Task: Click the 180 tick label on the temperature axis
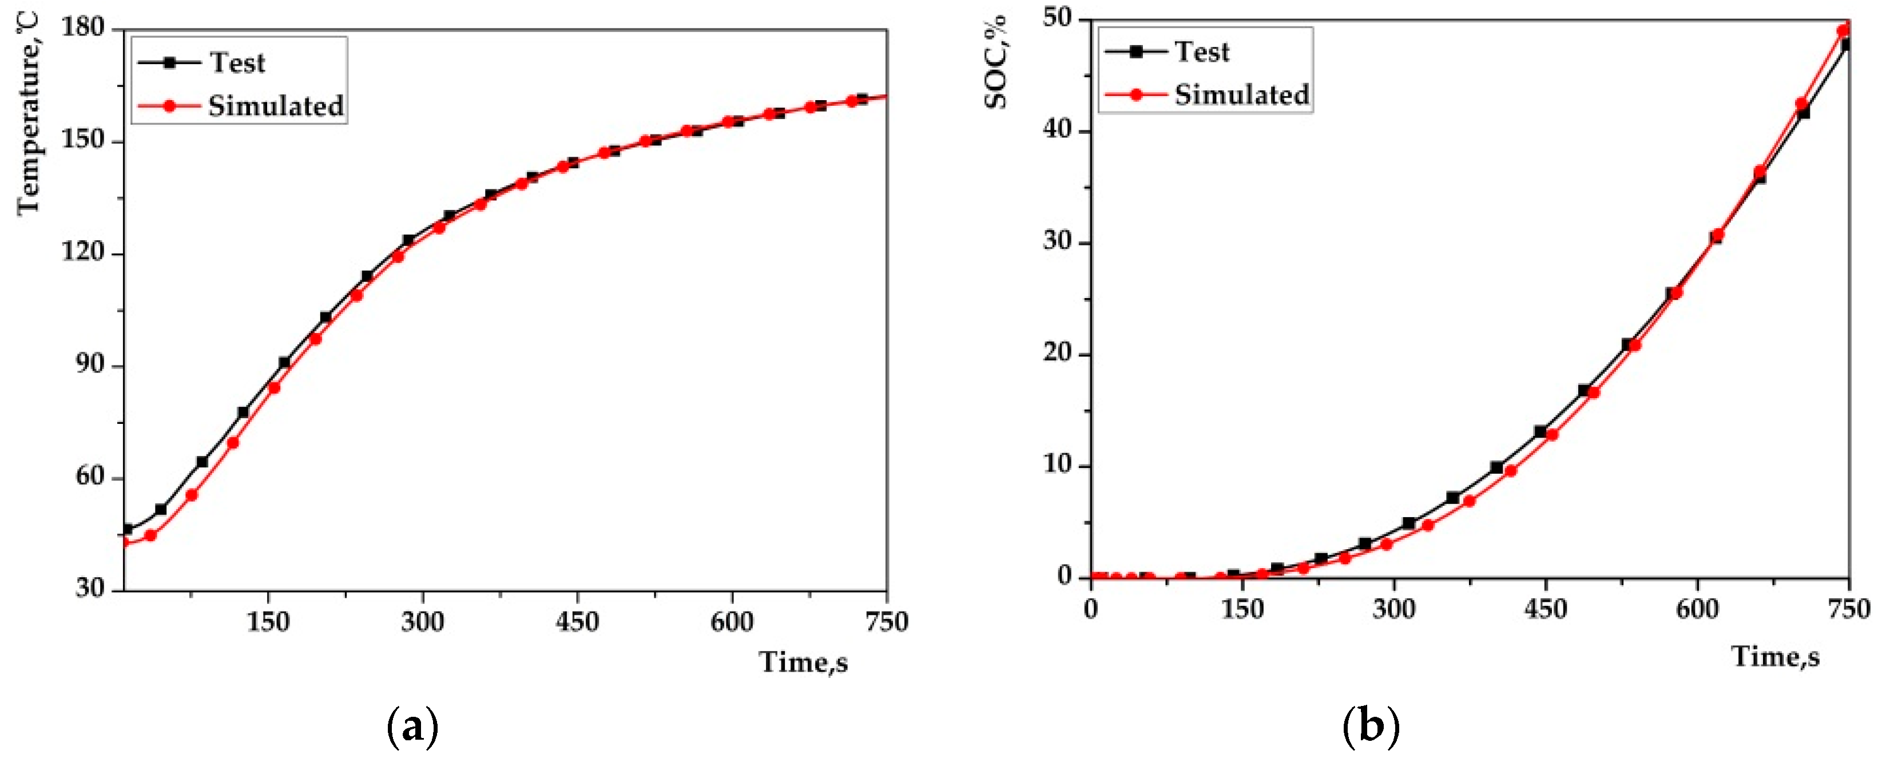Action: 82,28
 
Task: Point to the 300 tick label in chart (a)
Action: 422,622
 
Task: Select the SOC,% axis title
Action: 996,63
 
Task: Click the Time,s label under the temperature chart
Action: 804,662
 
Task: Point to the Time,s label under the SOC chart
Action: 1776,656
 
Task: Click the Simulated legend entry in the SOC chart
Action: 1241,95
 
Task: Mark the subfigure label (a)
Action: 413,727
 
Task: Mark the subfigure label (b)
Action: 1371,727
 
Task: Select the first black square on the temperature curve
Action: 127,529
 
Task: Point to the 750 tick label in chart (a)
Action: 886,622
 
